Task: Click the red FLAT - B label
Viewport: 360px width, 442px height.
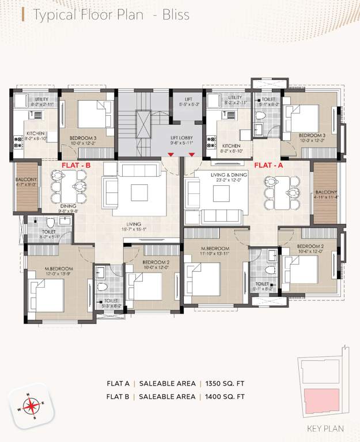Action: pos(76,165)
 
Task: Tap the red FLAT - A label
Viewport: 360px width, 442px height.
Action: pos(269,165)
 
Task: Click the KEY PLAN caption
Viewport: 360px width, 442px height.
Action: pos(325,428)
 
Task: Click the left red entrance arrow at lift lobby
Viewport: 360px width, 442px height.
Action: pos(171,154)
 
